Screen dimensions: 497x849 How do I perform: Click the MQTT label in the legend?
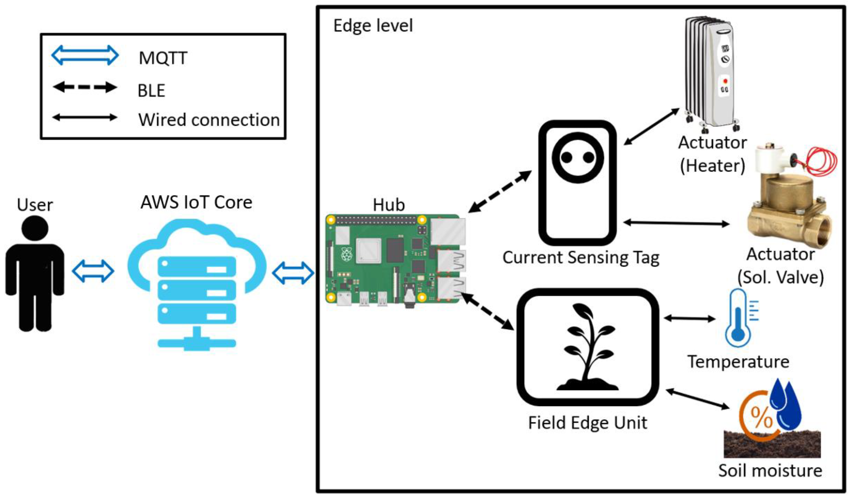163,58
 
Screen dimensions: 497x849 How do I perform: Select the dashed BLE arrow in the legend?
85,87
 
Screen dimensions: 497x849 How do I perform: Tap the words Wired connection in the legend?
209,120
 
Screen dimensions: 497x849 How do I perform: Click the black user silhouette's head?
35,228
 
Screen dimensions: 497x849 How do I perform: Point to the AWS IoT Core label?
196,203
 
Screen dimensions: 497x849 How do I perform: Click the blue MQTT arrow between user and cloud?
93,271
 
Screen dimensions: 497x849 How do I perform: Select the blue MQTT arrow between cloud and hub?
293,273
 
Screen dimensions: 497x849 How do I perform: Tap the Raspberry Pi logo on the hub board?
346,254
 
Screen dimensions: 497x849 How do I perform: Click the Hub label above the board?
389,205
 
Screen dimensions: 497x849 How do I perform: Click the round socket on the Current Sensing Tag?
578,157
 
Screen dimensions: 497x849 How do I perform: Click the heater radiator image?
711,72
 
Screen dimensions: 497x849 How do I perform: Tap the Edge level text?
373,26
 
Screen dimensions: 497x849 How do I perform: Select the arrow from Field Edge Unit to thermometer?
689,318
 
